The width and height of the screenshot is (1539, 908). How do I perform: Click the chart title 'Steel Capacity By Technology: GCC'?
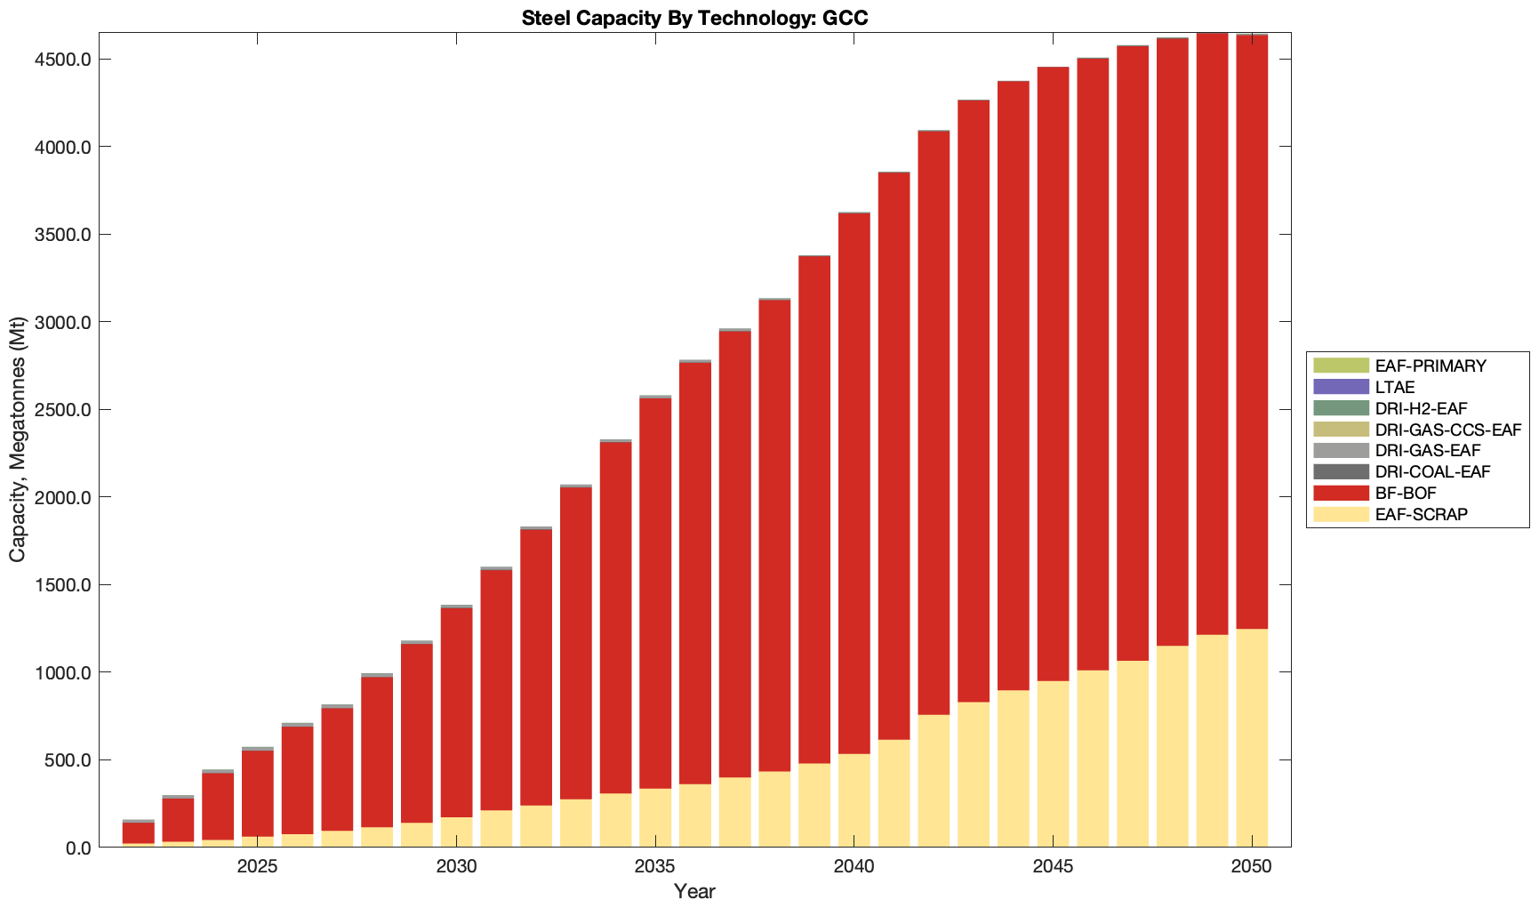point(694,18)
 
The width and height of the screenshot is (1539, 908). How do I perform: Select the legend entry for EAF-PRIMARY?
point(1431,366)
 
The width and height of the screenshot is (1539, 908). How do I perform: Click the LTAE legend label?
point(1394,387)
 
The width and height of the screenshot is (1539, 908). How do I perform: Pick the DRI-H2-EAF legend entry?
point(1421,408)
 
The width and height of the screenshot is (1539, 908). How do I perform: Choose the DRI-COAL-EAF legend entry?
point(1431,472)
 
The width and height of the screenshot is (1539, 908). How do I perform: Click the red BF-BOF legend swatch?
point(1341,493)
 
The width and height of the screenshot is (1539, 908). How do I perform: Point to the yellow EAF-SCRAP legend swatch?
point(1341,514)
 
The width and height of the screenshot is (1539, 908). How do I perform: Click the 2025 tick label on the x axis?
point(257,867)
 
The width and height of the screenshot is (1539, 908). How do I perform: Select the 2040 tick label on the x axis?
point(854,867)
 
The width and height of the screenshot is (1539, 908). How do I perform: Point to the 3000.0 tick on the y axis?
point(61,322)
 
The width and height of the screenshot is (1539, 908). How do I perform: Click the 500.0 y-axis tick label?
point(66,760)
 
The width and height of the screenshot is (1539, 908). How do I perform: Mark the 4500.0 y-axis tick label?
point(61,60)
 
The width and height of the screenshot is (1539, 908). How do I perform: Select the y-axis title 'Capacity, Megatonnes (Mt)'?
point(18,439)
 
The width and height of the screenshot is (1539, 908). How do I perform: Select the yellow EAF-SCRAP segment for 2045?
point(1053,765)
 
